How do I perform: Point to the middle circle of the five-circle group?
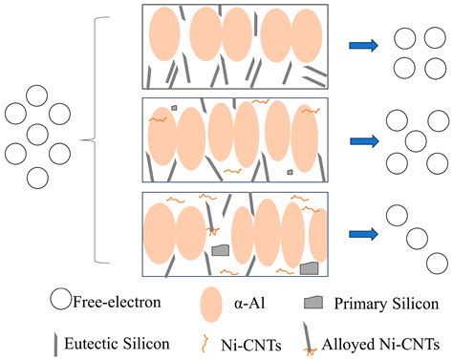(415, 140)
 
